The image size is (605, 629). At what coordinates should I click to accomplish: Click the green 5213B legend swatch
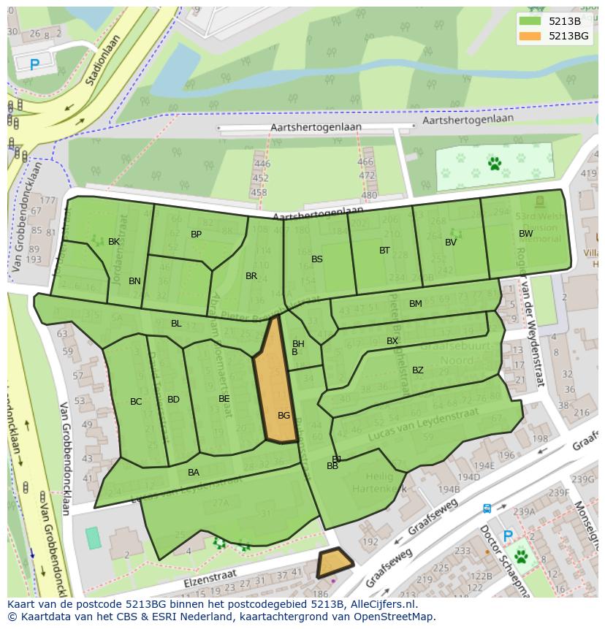[531, 21]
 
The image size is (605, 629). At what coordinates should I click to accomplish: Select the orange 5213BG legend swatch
[531, 36]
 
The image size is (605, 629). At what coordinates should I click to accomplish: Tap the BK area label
[114, 242]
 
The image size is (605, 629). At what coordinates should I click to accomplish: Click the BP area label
[196, 235]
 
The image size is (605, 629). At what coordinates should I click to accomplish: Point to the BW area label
[525, 234]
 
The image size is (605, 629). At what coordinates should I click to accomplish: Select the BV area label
[451, 243]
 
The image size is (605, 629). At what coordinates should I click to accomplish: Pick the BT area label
[385, 251]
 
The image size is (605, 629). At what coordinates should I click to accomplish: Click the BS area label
[317, 259]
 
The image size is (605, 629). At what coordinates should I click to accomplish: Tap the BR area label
[251, 276]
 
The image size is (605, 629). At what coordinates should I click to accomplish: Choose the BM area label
[416, 304]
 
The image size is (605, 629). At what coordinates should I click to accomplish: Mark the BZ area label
[418, 370]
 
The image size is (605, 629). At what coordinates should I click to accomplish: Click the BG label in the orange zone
[284, 416]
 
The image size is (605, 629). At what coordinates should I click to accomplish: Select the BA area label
[194, 473]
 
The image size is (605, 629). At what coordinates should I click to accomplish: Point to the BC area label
[136, 402]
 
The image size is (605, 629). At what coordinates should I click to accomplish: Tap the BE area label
[224, 399]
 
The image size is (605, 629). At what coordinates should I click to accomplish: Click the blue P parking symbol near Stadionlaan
[34, 64]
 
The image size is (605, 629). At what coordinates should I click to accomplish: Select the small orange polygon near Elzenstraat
[334, 563]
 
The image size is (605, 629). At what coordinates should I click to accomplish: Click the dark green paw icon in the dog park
[495, 164]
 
